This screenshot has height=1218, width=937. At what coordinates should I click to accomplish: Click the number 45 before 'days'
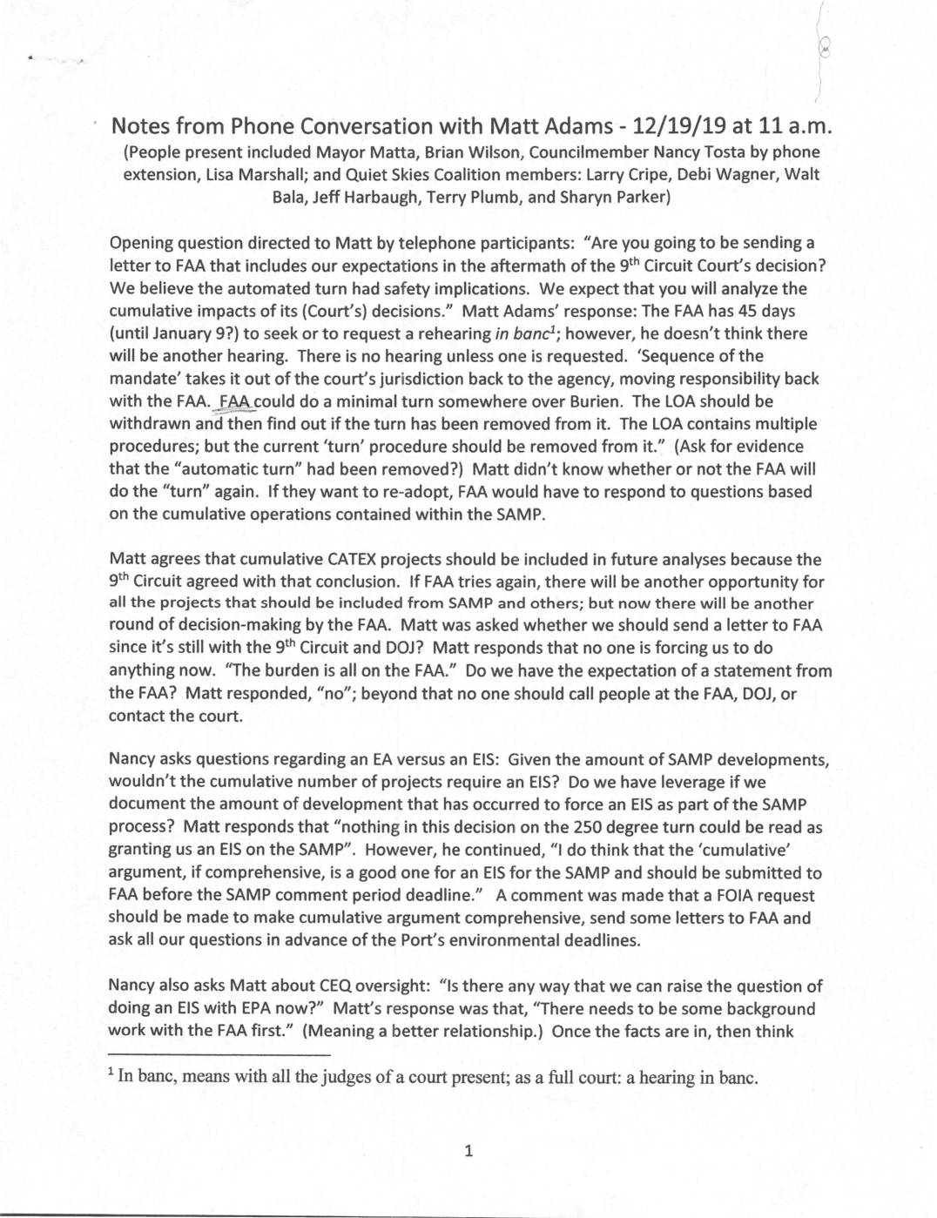click(747, 311)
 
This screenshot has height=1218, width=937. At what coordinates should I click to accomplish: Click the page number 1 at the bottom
click(468, 1152)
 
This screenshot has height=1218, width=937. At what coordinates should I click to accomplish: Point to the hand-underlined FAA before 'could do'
click(236, 401)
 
